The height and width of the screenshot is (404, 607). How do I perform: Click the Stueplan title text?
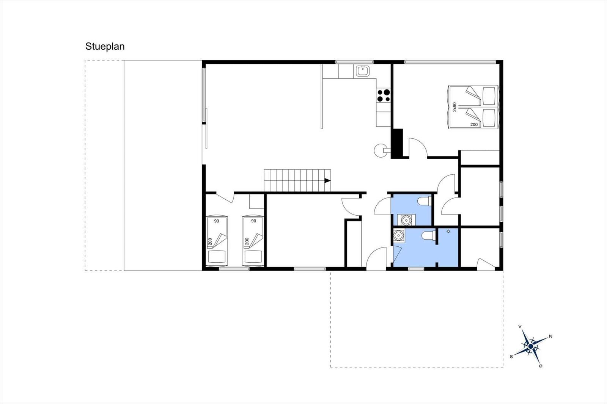[x=105, y=47]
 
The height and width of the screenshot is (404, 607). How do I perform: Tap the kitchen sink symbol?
[x=363, y=71]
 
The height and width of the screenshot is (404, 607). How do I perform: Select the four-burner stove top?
[x=384, y=95]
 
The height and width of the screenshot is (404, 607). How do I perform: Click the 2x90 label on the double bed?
[x=454, y=107]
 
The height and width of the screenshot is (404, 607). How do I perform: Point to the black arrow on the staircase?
[x=328, y=181]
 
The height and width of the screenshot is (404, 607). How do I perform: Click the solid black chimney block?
[x=398, y=143]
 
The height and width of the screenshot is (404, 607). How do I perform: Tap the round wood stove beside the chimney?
[x=380, y=150]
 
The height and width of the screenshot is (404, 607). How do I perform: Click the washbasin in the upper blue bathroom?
[x=406, y=220]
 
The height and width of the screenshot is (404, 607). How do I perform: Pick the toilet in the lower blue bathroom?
[x=429, y=235]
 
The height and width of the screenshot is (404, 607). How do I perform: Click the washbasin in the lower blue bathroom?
[x=399, y=235]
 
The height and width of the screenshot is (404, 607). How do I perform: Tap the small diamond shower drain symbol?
[x=448, y=231]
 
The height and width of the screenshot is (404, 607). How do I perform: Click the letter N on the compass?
[x=550, y=336]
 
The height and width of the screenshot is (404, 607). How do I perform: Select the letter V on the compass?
[x=520, y=327]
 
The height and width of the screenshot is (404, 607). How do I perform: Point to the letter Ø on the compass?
[x=541, y=366]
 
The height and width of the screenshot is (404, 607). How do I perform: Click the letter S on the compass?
[x=511, y=357]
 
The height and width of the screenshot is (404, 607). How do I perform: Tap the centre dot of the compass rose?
[x=531, y=346]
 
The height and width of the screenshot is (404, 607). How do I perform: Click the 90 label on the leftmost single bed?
[x=217, y=221]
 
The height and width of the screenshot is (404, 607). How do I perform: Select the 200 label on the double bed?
[x=474, y=125]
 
